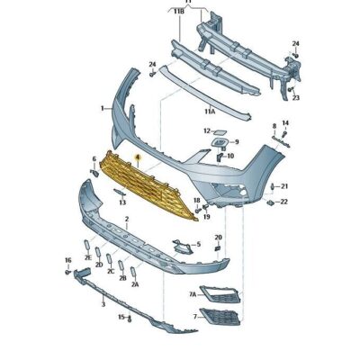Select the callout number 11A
208,112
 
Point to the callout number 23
296,97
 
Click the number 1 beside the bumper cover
102,108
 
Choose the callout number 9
236,141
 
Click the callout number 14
285,122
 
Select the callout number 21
284,186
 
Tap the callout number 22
284,202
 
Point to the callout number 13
121,203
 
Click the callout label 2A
135,283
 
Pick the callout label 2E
88,257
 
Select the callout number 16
67,259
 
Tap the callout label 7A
192,294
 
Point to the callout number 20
218,238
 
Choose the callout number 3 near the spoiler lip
103,305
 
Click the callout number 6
93,158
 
